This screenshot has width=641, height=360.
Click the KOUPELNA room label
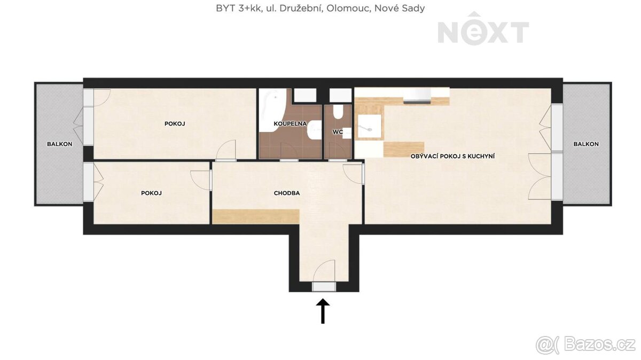click(290, 123)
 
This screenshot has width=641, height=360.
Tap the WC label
click(338, 132)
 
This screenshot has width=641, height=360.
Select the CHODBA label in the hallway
click(287, 193)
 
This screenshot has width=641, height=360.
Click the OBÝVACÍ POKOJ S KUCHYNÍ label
click(452, 156)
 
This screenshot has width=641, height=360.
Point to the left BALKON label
click(59, 144)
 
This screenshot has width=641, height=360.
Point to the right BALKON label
click(586, 144)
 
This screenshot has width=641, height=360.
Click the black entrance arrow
click(323, 311)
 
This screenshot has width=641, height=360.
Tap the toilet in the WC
click(338, 112)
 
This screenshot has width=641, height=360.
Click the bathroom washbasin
click(314, 130)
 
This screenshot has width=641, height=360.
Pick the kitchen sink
click(370, 127)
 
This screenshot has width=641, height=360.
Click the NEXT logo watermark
click(483, 29)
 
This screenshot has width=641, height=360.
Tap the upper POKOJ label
click(175, 123)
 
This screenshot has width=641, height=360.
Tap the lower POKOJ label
click(151, 193)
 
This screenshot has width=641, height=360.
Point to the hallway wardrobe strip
click(256, 216)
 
